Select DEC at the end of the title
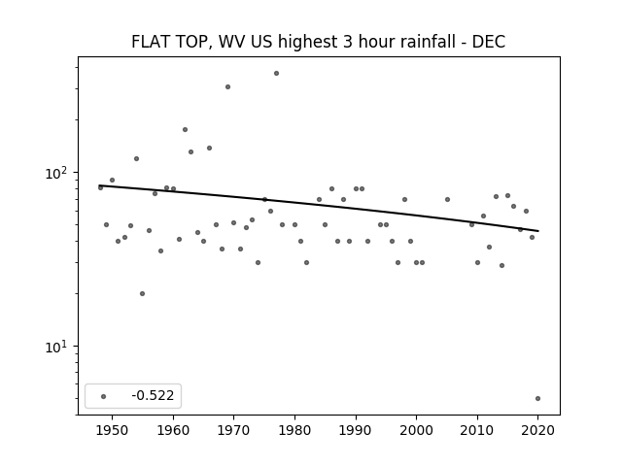click(489, 42)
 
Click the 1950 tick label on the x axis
click(113, 430)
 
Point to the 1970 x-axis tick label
click(233, 430)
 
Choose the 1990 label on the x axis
click(356, 430)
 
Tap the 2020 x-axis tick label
click(537, 430)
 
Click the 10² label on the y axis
click(58, 173)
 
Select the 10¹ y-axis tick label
click(58, 347)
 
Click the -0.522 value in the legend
click(153, 395)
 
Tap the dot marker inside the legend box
click(104, 396)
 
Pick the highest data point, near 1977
click(276, 74)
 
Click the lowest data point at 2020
click(537, 399)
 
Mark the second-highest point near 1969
click(227, 86)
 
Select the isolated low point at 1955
click(143, 293)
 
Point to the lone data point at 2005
click(447, 199)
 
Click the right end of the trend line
click(538, 231)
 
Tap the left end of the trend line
click(99, 185)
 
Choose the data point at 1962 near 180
click(185, 129)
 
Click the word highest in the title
click(307, 42)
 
